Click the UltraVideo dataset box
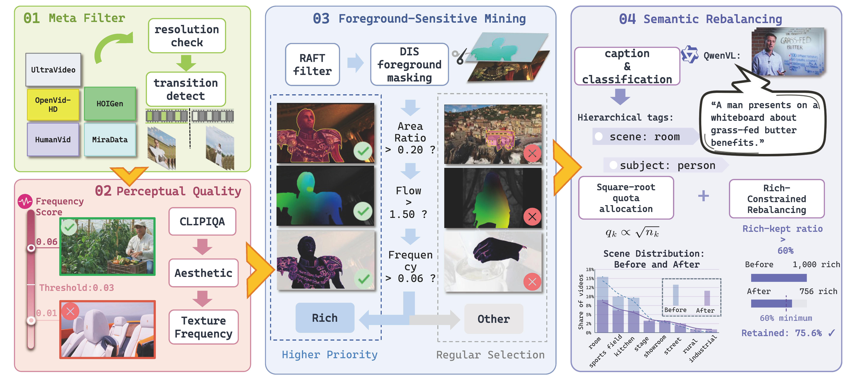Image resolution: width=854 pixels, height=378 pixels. click(x=53, y=70)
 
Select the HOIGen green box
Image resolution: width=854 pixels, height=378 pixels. click(x=110, y=104)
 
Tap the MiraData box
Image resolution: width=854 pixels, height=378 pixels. click(x=110, y=139)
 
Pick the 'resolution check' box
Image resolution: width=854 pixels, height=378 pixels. click(x=187, y=36)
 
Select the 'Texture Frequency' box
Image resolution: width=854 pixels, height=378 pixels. click(x=204, y=327)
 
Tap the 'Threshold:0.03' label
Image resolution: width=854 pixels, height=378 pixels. click(x=77, y=288)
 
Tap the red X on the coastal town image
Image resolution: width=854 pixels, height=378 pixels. click(x=532, y=153)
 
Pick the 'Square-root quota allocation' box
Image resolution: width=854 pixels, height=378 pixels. click(x=626, y=198)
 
